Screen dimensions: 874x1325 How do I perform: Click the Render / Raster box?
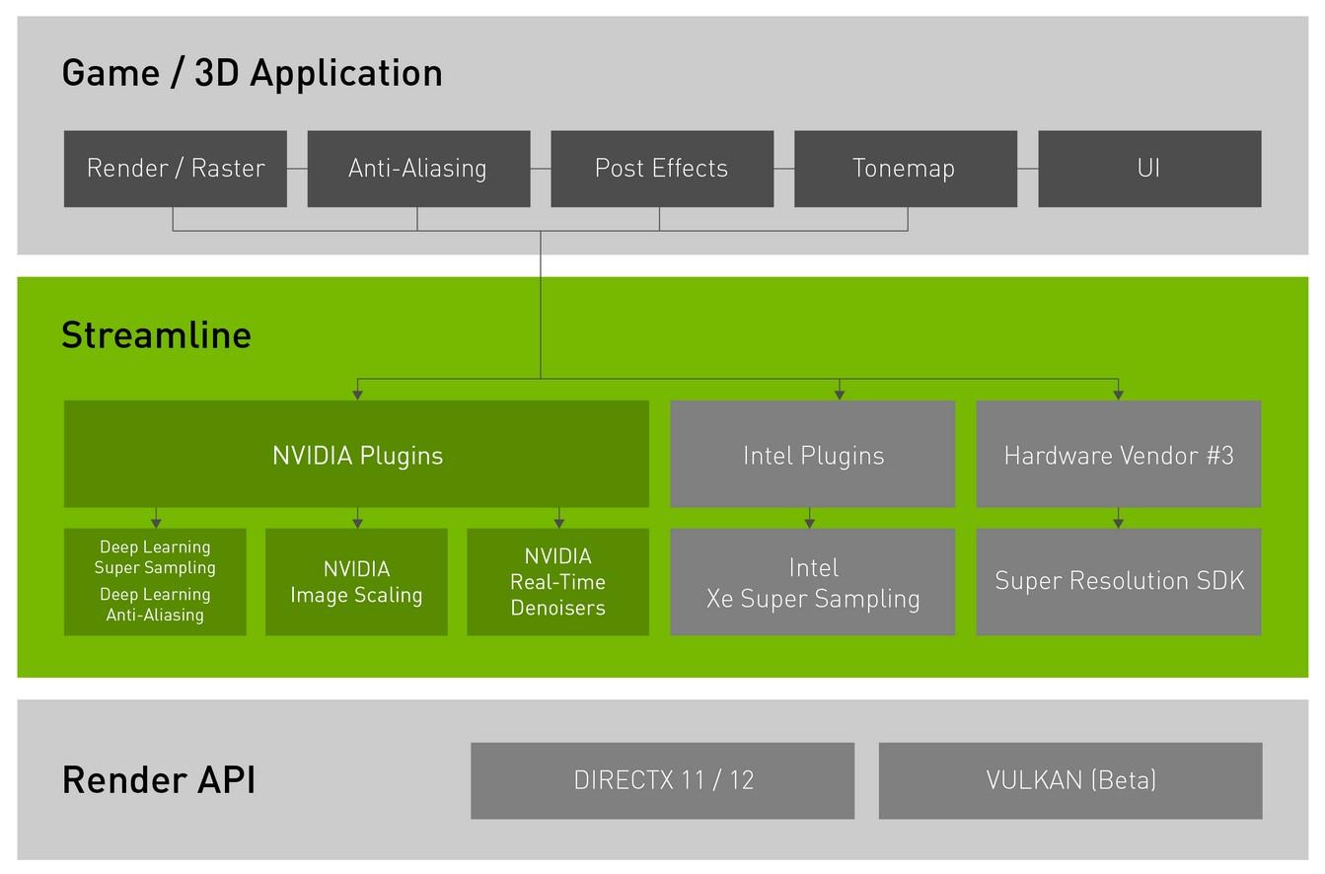[x=176, y=169]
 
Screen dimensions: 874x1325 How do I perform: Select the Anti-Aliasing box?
[x=418, y=169]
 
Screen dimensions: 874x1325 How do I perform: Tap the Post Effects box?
[x=662, y=169]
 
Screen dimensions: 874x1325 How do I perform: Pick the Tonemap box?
[x=905, y=169]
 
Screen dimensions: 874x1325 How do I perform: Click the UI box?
[x=1149, y=169]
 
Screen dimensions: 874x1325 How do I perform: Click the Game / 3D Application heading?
[x=252, y=73]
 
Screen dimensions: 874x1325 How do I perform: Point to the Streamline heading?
[x=156, y=335]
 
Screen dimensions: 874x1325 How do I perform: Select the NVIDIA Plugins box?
[x=356, y=455]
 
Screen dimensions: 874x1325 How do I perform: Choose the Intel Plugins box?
[x=813, y=455]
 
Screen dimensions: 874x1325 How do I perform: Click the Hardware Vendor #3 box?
[x=1119, y=455]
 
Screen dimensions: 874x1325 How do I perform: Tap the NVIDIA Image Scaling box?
[x=356, y=582]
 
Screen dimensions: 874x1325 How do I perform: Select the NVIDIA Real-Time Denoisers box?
[x=557, y=582]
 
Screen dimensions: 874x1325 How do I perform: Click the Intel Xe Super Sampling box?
[x=813, y=582]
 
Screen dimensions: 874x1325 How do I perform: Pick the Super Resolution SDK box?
[x=1119, y=582]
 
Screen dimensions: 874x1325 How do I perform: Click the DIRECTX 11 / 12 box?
[x=662, y=780]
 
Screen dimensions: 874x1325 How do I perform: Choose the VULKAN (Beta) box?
[x=1070, y=780]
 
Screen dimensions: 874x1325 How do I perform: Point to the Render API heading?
[x=158, y=780]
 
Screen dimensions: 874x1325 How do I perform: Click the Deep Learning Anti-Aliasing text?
[x=155, y=605]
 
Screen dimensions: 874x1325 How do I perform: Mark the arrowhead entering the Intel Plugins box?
[x=840, y=395]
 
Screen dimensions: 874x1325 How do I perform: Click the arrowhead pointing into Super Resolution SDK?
[x=1118, y=523]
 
